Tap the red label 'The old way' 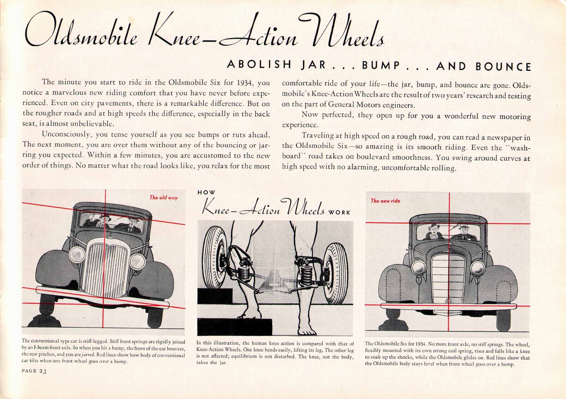(x=163, y=198)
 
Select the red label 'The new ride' (x=385, y=201)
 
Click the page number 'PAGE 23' (x=34, y=371)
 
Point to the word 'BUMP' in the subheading (x=381, y=65)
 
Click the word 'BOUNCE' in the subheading (x=503, y=67)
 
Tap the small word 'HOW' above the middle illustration (x=206, y=193)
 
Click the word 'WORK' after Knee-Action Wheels (x=339, y=212)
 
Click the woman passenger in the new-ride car (x=434, y=232)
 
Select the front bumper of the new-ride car (x=449, y=307)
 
